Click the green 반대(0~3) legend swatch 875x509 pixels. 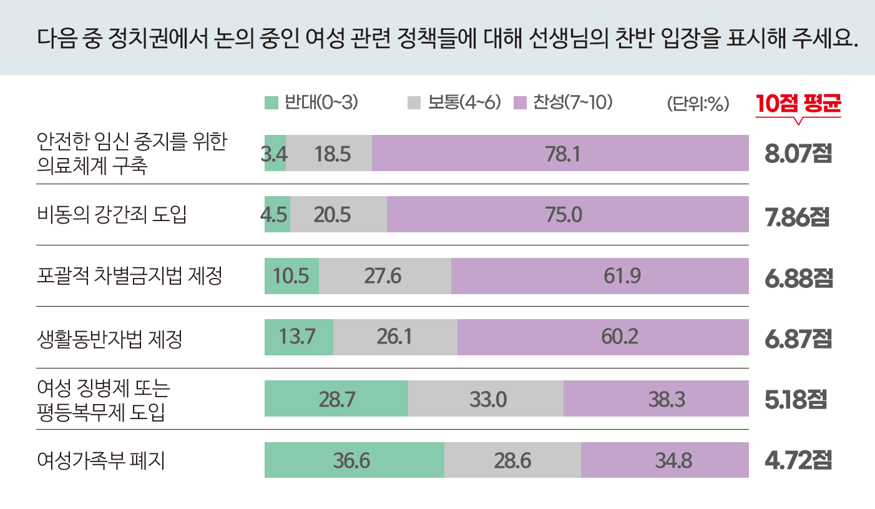tap(271, 103)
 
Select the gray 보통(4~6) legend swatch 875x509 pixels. tap(413, 103)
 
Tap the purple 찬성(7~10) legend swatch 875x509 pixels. tap(519, 103)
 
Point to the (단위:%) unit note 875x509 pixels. tap(698, 104)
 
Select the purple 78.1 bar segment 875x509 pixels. tap(560, 153)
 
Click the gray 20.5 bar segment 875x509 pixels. tap(338, 214)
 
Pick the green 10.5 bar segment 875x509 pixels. tap(291, 275)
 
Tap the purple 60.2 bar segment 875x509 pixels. tap(603, 337)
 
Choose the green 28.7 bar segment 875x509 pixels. tap(336, 398)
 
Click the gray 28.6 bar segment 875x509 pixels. tap(512, 460)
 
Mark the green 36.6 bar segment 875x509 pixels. tap(354, 460)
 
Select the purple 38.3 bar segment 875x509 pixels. tap(656, 398)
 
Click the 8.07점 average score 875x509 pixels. tap(798, 154)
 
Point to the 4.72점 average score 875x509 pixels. tap(798, 461)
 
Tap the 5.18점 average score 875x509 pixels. tap(796, 399)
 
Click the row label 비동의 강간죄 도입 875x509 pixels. tap(112, 214)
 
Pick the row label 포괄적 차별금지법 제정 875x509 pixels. tap(130, 275)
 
